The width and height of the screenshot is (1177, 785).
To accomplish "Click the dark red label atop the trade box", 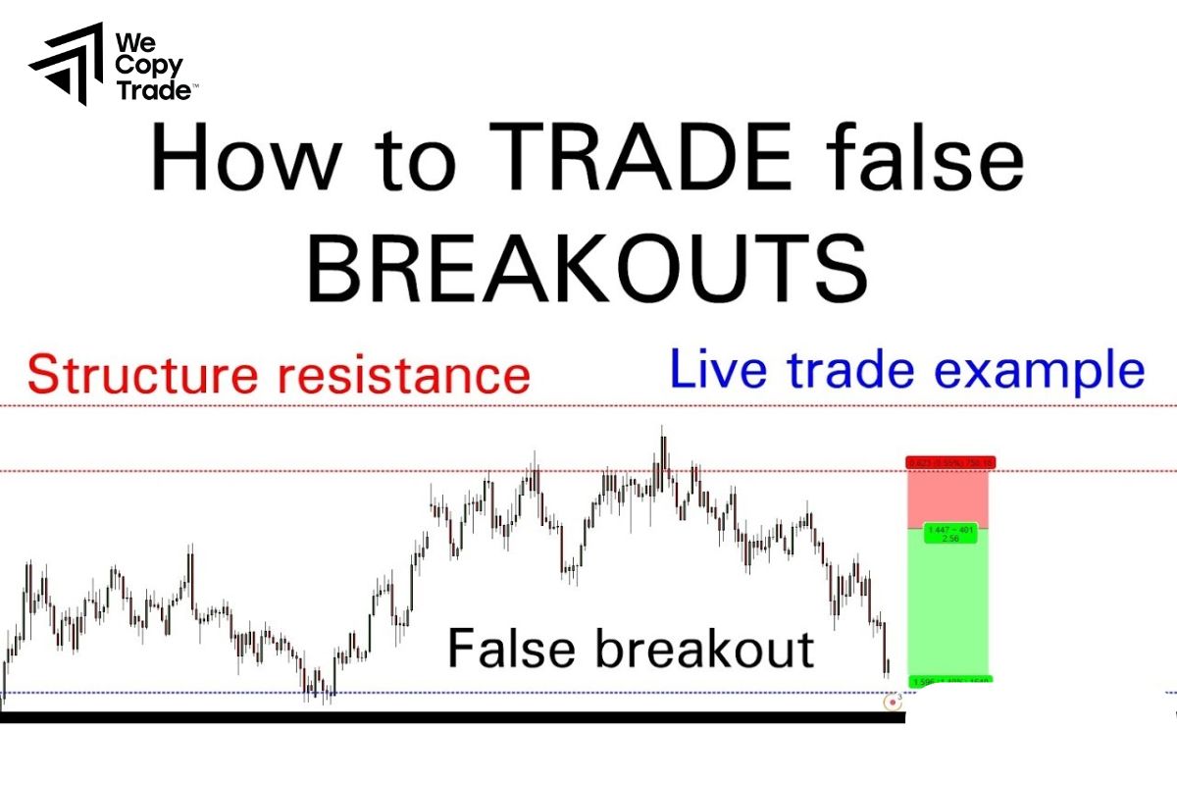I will coord(949,462).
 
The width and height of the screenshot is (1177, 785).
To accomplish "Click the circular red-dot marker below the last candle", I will coord(893,702).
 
